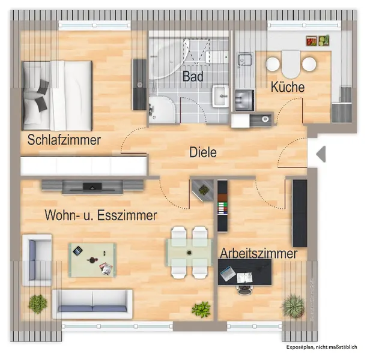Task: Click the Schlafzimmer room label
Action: click(64, 140)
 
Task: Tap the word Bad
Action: click(193, 77)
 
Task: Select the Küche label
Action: click(288, 87)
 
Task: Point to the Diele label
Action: click(202, 152)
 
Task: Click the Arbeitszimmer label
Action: click(259, 253)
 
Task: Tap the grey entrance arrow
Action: click(321, 154)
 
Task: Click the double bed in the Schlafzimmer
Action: click(57, 95)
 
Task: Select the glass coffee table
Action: click(93, 260)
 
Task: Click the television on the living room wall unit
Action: click(93, 187)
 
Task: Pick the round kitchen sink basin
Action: click(265, 119)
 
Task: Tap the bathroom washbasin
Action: click(220, 96)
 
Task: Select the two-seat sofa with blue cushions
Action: click(93, 304)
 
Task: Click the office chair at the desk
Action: click(244, 289)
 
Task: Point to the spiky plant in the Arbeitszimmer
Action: click(294, 306)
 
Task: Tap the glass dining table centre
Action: click(189, 253)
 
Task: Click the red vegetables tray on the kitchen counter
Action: click(311, 41)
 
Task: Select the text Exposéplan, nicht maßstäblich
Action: click(322, 347)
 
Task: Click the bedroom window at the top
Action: click(94, 25)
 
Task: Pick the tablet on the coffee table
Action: click(77, 251)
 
